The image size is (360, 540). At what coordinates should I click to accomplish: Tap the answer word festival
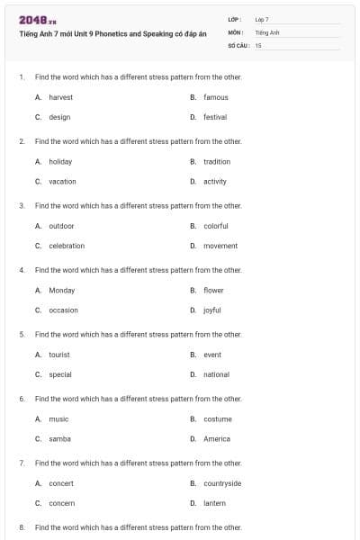pos(215,117)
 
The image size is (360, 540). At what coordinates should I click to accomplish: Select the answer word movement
pos(220,246)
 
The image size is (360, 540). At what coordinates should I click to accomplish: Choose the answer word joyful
pos(212,310)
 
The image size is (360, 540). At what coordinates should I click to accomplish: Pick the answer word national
pos(216,374)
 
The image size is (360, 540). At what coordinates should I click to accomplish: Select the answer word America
pos(217,439)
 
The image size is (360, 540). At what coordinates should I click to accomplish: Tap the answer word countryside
pos(222,483)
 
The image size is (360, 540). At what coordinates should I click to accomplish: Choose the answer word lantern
pos(214,503)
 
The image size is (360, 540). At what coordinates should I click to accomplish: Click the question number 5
pos(21,335)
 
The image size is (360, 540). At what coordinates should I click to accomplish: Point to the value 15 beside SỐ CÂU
pos(258,44)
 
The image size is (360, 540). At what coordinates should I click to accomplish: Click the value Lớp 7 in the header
pos(262,19)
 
